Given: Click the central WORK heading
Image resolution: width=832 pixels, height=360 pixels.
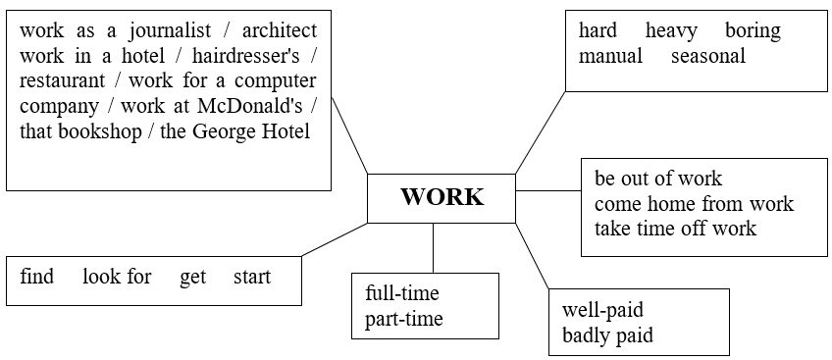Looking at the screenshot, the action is (x=442, y=197).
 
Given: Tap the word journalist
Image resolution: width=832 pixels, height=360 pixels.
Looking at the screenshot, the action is (x=170, y=31).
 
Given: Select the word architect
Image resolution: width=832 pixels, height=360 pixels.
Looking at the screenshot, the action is (x=279, y=30).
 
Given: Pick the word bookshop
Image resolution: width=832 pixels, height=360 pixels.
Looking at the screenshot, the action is (x=100, y=132).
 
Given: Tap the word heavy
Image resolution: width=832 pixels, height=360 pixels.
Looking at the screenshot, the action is (x=671, y=31).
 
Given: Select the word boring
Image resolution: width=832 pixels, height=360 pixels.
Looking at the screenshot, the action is (x=753, y=31).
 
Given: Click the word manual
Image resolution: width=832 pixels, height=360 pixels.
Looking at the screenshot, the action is (x=610, y=55).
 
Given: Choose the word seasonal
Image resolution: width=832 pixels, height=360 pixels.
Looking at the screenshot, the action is (x=708, y=55).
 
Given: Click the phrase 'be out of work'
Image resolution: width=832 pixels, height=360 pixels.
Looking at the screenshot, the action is (x=658, y=179).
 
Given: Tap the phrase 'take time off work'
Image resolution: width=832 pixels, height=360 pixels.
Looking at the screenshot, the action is (x=675, y=229).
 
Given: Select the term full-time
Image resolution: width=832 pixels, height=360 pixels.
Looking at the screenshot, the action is (x=402, y=293).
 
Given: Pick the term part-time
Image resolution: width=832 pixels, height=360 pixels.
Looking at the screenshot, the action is (x=404, y=320).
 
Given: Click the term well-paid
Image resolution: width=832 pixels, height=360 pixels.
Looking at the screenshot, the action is (x=602, y=310).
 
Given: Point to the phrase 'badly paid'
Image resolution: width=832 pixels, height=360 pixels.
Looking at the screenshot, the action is (x=607, y=335).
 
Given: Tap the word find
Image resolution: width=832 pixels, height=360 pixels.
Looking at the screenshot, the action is (x=37, y=277).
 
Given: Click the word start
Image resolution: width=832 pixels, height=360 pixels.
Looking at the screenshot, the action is (x=252, y=277).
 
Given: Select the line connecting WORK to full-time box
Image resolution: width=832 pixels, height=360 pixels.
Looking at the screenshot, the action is (x=433, y=247).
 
